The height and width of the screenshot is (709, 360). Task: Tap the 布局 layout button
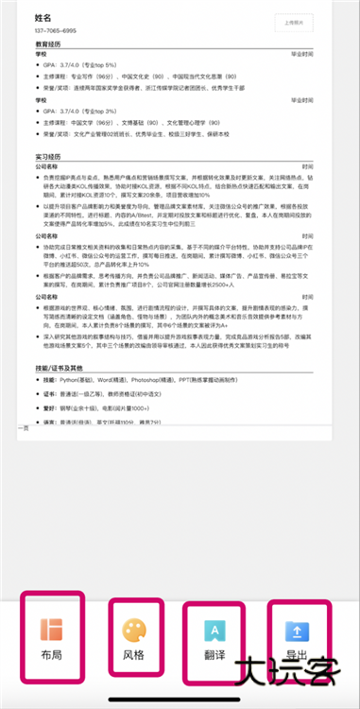point(51,638)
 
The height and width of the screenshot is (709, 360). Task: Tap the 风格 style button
point(133,638)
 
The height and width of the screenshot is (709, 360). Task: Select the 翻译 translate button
point(214,638)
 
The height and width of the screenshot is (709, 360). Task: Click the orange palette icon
point(133,627)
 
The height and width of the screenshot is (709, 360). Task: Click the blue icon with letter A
point(214,629)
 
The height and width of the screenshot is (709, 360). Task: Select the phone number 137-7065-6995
point(56,31)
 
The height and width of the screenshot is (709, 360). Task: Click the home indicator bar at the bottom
point(180,700)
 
